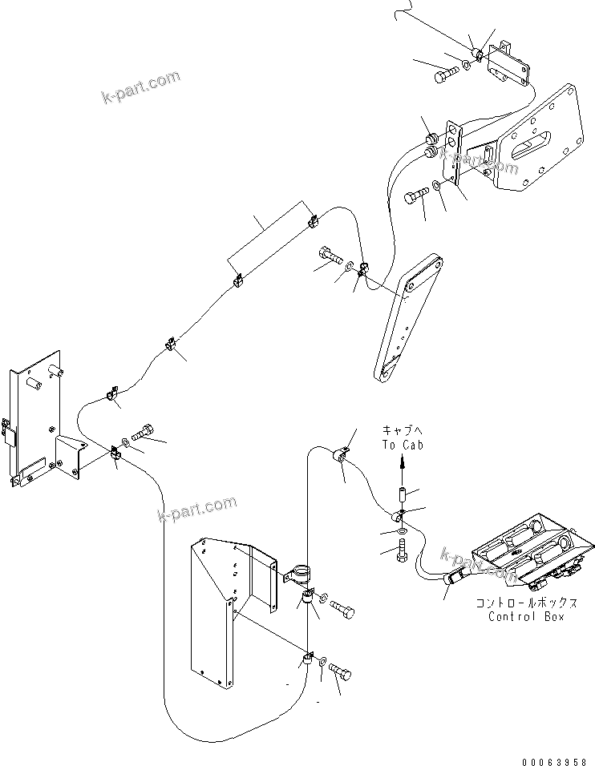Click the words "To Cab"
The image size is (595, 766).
pyautogui.click(x=402, y=445)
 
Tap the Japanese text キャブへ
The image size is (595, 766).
pyautogui.click(x=402, y=430)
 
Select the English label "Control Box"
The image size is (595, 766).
pyautogui.click(x=527, y=616)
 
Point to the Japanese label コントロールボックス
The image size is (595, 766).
pyautogui.click(x=527, y=603)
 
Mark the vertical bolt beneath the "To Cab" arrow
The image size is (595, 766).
pyautogui.click(x=401, y=552)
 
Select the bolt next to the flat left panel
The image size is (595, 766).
pyautogui.click(x=144, y=433)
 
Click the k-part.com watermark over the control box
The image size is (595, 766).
pyautogui.click(x=479, y=563)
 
